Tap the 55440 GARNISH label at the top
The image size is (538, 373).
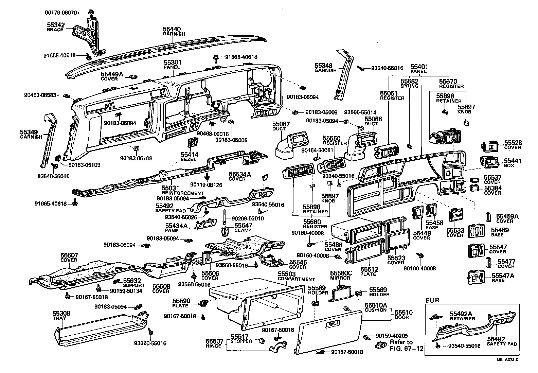click(x=174, y=31)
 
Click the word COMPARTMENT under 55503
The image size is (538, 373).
click(x=296, y=279)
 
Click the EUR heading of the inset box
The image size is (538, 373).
click(x=432, y=300)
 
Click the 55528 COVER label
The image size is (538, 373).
click(x=513, y=145)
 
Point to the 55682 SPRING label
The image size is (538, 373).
click(x=409, y=84)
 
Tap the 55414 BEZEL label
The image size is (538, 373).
click(x=190, y=156)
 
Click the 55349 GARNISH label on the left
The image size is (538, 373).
click(x=31, y=134)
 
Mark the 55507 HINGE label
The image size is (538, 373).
click(x=214, y=343)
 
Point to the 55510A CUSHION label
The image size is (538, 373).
click(x=376, y=307)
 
